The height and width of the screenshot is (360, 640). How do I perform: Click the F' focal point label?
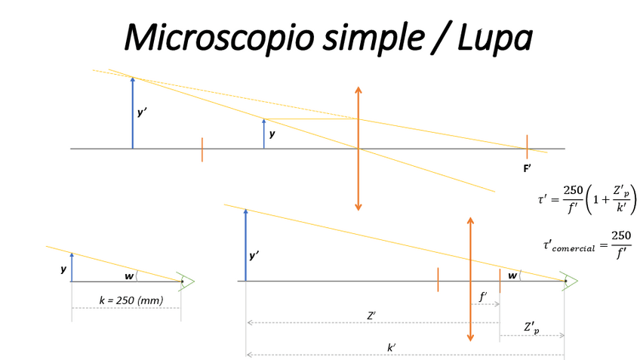(527, 168)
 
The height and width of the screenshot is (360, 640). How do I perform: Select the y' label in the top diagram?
(142, 112)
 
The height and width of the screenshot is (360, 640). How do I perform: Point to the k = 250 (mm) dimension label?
(131, 300)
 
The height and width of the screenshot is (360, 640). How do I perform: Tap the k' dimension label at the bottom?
(392, 347)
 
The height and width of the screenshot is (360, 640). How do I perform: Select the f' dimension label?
(483, 297)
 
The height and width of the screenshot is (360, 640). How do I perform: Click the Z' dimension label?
(371, 315)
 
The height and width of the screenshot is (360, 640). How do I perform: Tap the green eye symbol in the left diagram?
(186, 282)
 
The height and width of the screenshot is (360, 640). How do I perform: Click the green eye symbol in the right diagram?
(570, 282)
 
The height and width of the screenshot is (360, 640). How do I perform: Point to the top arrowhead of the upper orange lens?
(358, 90)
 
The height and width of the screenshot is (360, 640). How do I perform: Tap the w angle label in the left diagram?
(129, 276)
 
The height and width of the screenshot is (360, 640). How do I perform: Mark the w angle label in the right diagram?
(512, 275)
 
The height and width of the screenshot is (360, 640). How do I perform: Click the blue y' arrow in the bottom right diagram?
(245, 245)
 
